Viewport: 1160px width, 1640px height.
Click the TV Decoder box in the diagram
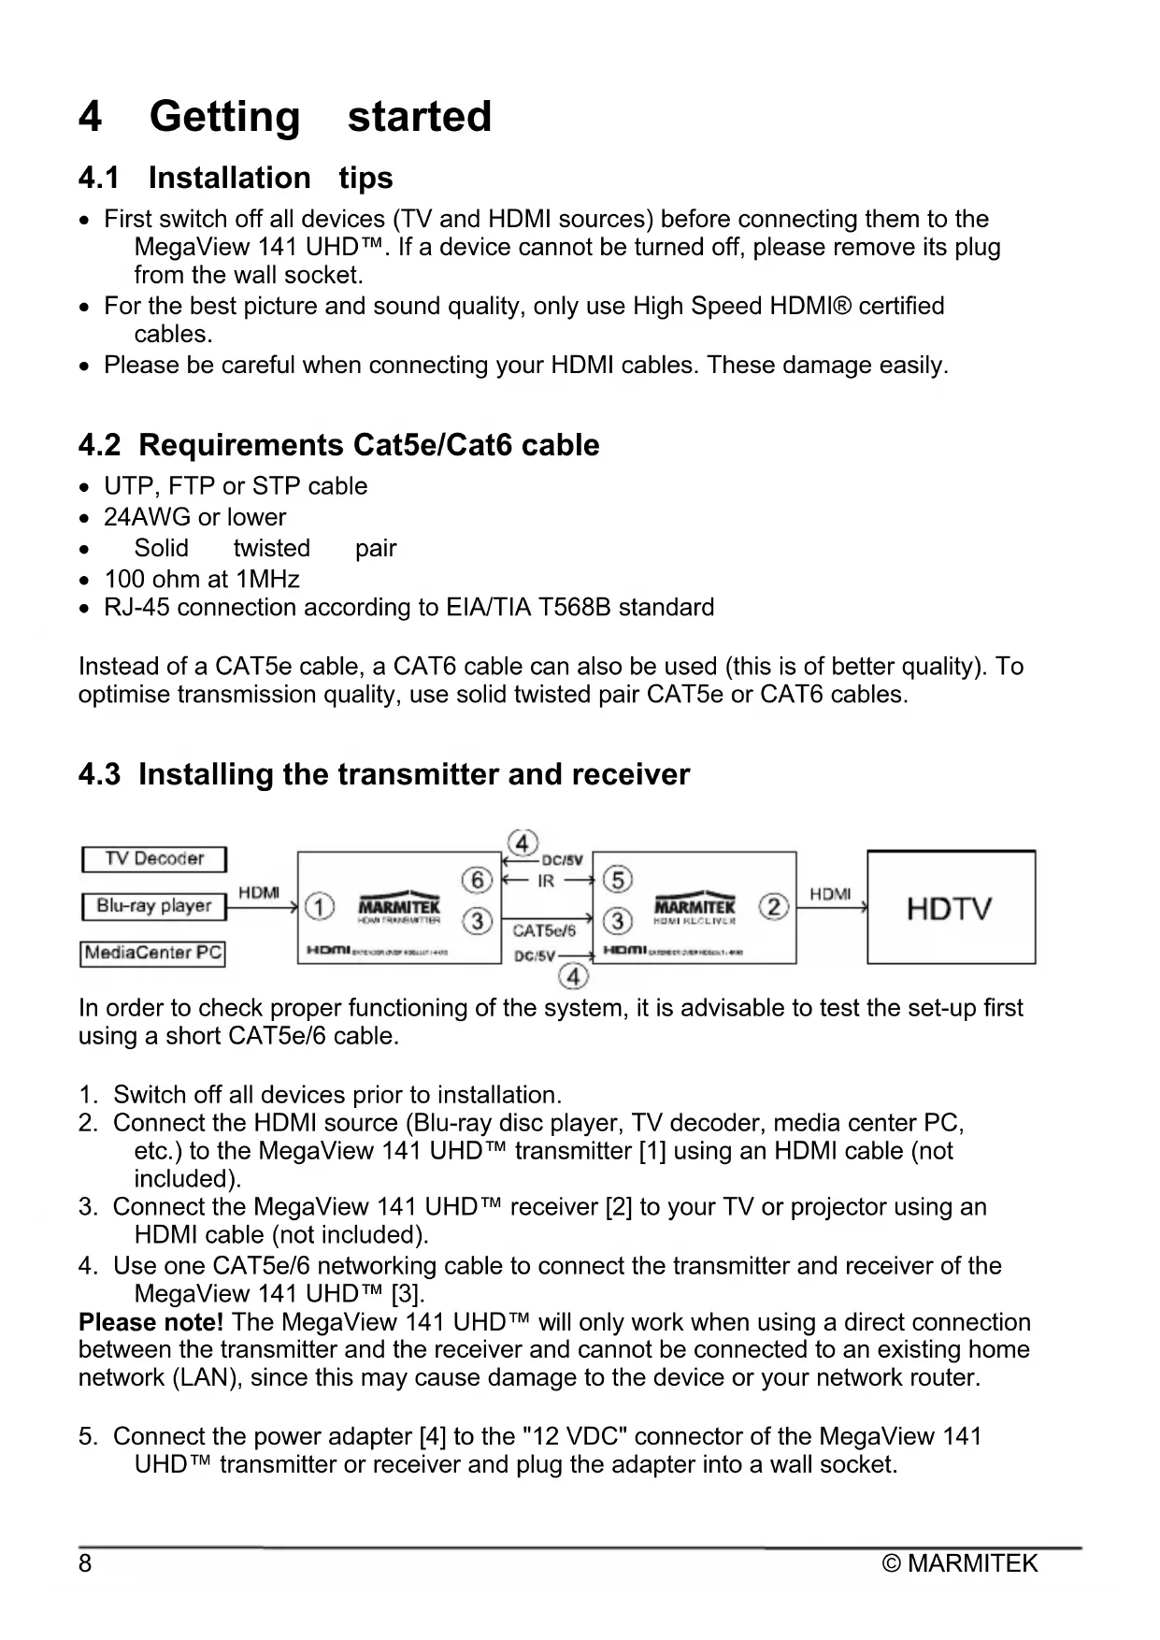[154, 859]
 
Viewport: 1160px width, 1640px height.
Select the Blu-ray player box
[154, 906]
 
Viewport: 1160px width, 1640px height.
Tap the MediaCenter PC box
[153, 953]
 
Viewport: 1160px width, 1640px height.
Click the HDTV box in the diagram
[951, 907]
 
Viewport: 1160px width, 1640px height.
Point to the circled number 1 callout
[320, 907]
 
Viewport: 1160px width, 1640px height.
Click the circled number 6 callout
[477, 880]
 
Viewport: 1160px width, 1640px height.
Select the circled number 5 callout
[618, 880]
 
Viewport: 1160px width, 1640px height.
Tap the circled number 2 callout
[774, 907]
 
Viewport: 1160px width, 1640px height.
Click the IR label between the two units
[547, 881]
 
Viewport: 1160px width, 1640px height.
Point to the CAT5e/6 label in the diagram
[544, 930]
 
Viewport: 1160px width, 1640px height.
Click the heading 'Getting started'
[320, 117]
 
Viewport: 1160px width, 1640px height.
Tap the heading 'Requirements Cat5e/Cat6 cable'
[368, 445]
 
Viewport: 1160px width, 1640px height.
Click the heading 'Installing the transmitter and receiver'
[413, 774]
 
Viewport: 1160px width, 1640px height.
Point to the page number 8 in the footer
[85, 1563]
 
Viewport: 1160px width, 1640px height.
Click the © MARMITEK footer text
[960, 1563]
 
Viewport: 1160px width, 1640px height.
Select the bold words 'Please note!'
[150, 1322]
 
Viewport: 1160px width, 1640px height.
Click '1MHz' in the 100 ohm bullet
[268, 580]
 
